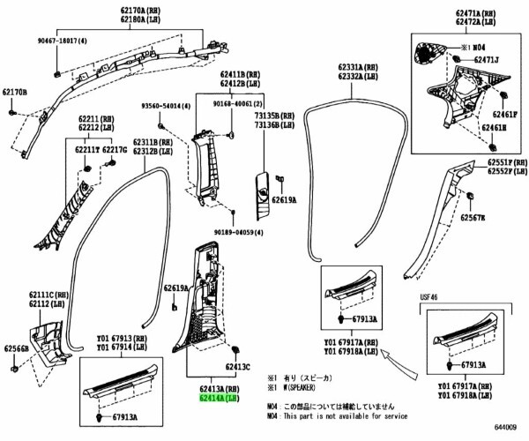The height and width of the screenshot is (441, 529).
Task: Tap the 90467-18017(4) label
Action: [x=63, y=41]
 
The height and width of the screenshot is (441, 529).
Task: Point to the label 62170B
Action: [x=14, y=92]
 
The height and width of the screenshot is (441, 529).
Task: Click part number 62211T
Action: [x=86, y=150]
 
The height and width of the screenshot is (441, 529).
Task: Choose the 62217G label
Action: [x=115, y=150]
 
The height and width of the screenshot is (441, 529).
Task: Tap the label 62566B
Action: [x=15, y=348]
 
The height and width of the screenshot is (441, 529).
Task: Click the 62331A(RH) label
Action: [x=359, y=66]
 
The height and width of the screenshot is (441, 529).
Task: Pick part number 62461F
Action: [x=505, y=115]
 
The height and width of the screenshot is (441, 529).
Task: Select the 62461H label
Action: [x=494, y=128]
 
